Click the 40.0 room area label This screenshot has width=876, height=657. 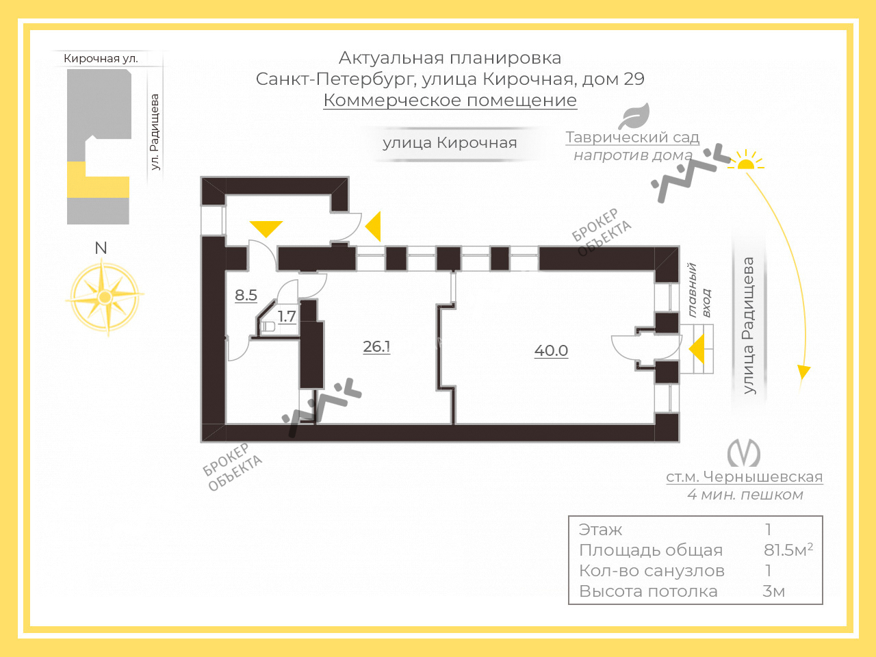pos(551,350)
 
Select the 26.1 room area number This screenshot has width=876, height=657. pos(376,347)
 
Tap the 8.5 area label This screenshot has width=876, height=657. pos(246,295)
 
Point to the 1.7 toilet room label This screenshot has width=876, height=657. pos(287,317)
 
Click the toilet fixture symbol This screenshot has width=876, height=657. pos(268,327)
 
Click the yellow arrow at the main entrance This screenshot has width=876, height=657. pos(697,349)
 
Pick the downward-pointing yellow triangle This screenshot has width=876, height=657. pos(266,229)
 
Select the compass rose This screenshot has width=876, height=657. pos(105,297)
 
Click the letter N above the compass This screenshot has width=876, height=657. pos(101,248)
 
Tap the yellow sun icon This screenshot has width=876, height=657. pos(745,161)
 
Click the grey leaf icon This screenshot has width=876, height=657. pos(634,116)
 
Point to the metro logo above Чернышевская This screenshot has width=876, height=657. pos(743,453)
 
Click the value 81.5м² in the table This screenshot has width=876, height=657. pos(788,550)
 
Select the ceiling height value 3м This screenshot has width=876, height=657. pos(773,591)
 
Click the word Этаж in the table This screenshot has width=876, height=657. pos(601,530)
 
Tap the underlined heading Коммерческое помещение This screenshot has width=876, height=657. pos(450,100)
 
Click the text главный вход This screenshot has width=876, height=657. pos(699,290)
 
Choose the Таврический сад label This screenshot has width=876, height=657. pos(632,138)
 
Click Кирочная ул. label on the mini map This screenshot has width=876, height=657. pos(101,59)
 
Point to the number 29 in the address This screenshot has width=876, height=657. pos(634,79)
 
